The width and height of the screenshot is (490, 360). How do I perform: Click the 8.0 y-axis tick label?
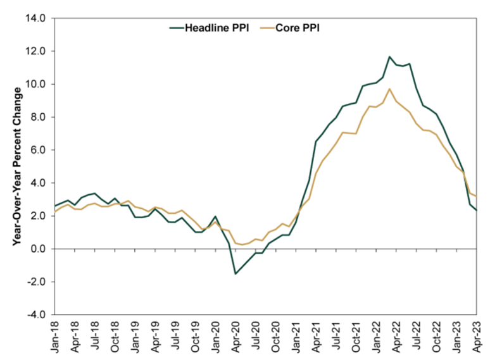pyautogui.click(x=36, y=117)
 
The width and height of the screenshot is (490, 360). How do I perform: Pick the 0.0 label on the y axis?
pyautogui.click(x=36, y=249)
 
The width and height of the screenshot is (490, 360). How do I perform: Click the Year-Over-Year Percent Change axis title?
pyautogui.click(x=16, y=166)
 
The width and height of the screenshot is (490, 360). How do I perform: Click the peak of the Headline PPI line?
pyautogui.click(x=390, y=57)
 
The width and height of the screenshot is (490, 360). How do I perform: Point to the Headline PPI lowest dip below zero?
pyautogui.click(x=236, y=273)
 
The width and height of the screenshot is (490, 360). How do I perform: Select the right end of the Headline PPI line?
pyautogui.click(x=476, y=210)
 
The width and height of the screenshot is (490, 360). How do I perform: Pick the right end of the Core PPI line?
pyautogui.click(x=476, y=196)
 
